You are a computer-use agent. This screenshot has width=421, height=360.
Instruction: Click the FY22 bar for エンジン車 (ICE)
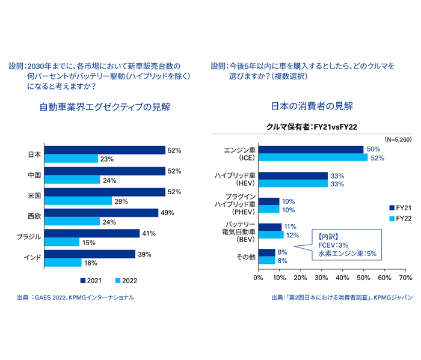pos(313,158)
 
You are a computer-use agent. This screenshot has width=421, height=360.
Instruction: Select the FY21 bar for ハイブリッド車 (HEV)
pos(293,175)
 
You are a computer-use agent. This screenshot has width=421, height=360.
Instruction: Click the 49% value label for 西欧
pos(167,213)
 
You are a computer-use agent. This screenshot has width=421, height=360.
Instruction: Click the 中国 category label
pos(34,175)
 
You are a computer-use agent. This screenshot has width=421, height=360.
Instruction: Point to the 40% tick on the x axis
pos(342,278)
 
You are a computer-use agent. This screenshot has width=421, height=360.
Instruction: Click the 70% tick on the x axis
pos(405,278)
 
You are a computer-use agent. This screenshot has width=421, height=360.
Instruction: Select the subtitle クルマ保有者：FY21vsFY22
pos(311,127)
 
